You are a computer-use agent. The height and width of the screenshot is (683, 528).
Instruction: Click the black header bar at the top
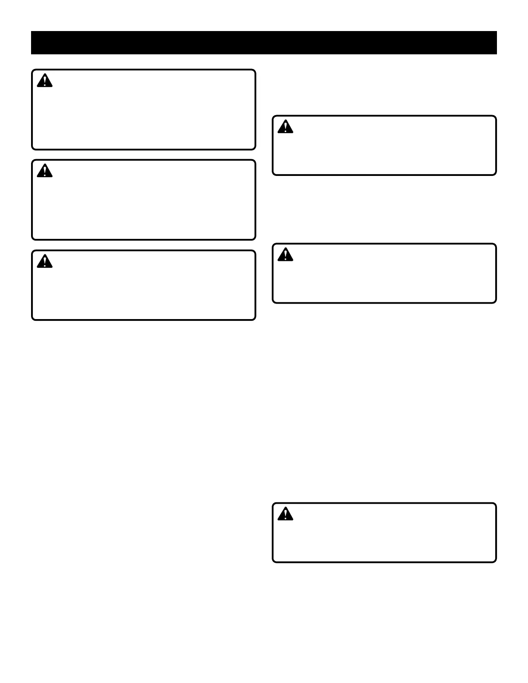click(264, 43)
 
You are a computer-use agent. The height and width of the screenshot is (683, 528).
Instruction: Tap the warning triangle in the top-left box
click(44, 81)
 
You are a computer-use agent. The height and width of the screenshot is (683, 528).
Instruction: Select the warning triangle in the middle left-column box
click(44, 171)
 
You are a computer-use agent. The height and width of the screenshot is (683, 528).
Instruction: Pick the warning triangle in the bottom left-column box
click(44, 262)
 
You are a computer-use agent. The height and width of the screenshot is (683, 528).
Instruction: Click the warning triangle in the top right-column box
click(285, 127)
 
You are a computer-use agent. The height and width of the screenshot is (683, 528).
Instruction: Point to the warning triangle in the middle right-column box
click(285, 255)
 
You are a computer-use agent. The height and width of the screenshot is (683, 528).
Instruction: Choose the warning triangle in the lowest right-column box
click(285, 514)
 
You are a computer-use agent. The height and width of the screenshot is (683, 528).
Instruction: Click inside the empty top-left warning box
click(144, 114)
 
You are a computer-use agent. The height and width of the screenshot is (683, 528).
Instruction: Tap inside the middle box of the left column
click(144, 205)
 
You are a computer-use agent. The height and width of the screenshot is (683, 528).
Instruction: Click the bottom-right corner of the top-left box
click(255, 149)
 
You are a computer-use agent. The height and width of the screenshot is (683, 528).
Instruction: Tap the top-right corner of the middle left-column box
click(255, 161)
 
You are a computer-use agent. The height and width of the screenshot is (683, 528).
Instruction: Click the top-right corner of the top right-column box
click(495, 116)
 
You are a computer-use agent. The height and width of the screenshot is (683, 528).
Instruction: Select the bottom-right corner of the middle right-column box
click(495, 302)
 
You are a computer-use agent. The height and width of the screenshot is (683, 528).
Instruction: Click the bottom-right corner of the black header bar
click(496, 53)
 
